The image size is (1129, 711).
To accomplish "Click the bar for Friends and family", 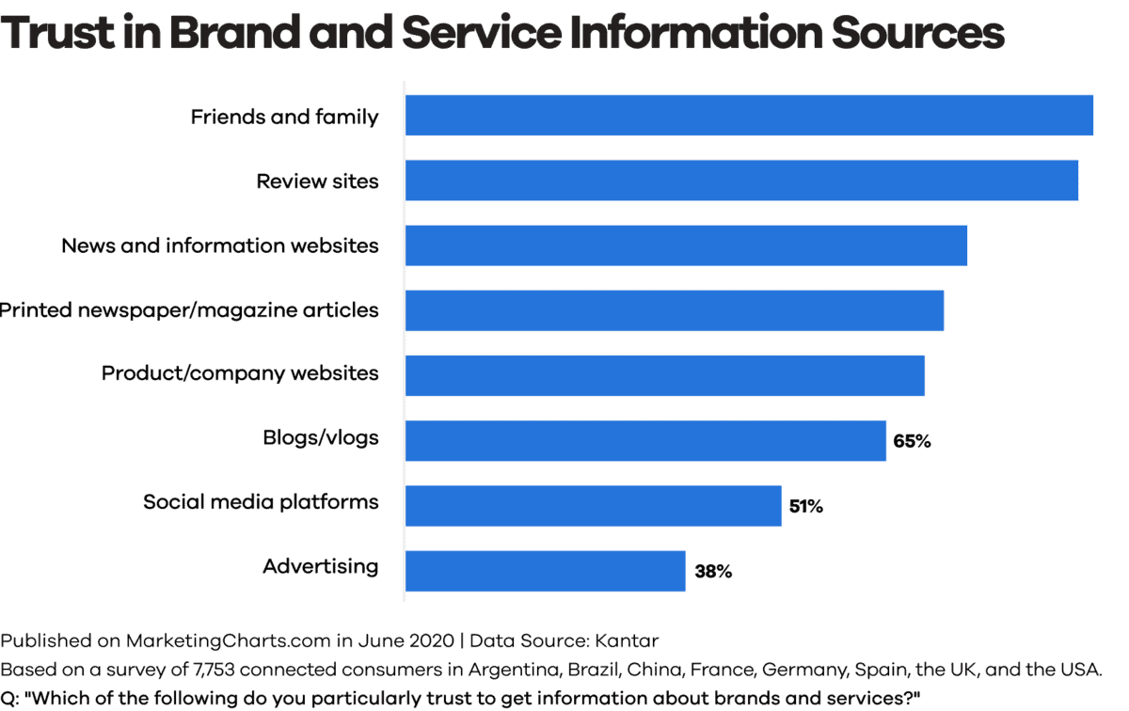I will [x=749, y=116].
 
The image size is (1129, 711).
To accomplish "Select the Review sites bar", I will [x=741, y=180].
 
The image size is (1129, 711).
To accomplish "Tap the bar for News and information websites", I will [x=686, y=245].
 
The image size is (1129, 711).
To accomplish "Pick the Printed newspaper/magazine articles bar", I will [x=675, y=310].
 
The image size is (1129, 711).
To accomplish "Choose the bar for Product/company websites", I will [x=665, y=375].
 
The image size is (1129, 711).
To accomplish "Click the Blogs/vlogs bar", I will [x=645, y=440].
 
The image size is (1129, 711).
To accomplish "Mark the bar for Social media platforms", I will [x=593, y=505].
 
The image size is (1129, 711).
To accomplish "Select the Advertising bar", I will [x=545, y=571].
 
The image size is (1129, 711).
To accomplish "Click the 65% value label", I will [x=912, y=441].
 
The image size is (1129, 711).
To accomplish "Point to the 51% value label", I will [x=805, y=506].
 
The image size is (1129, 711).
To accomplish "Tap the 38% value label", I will [x=713, y=571].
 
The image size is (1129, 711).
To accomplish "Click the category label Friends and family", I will [x=284, y=117].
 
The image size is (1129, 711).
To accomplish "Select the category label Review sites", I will [x=317, y=181].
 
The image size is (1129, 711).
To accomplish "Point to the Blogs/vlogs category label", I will [x=320, y=437].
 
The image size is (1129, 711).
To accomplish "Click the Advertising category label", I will [x=320, y=566].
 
